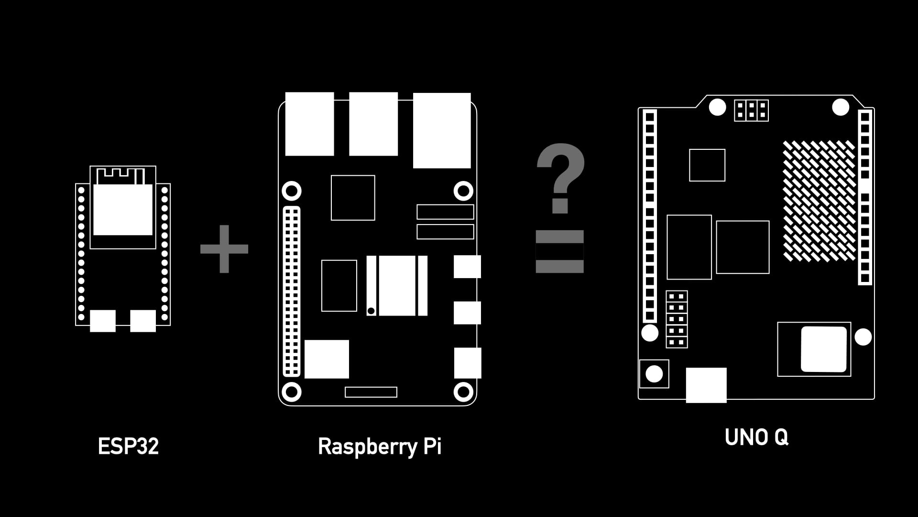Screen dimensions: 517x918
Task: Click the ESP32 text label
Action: [128, 446]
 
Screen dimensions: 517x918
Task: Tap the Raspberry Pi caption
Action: [380, 446]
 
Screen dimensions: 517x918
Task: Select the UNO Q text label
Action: [756, 437]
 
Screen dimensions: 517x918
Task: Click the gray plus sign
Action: [224, 249]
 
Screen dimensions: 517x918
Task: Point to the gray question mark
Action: [560, 177]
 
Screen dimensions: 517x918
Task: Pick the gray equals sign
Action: [559, 251]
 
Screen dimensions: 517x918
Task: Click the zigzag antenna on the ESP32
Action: [120, 176]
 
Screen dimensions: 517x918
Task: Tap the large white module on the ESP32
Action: [123, 210]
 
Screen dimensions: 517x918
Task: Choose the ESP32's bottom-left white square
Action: [103, 321]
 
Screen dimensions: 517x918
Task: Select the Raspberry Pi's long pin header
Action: [292, 291]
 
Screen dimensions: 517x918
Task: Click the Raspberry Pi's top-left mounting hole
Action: [292, 191]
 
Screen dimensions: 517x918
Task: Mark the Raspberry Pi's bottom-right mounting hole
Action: [463, 392]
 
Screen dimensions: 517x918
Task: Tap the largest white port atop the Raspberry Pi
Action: [442, 130]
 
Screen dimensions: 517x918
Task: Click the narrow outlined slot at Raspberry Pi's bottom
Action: [371, 392]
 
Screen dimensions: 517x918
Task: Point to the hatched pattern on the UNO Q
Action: [819, 201]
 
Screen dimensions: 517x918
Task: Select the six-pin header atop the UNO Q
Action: [751, 110]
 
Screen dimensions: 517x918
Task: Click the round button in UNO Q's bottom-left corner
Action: [654, 374]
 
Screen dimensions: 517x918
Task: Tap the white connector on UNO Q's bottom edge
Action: [706, 385]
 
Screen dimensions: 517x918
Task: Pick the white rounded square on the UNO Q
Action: [823, 349]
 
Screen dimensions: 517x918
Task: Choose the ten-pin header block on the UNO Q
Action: [677, 319]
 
